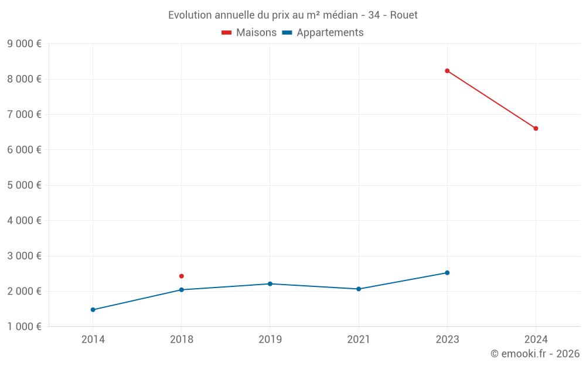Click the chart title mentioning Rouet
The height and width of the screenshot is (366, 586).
[293, 15]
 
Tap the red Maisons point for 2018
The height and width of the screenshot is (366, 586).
[182, 276]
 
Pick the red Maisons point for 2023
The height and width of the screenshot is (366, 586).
[447, 71]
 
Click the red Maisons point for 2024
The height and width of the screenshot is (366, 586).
[536, 128]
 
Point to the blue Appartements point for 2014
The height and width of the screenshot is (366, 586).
[93, 310]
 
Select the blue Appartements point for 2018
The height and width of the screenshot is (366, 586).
[182, 290]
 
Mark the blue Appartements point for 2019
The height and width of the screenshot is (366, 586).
[270, 284]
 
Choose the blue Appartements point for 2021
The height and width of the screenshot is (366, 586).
[359, 289]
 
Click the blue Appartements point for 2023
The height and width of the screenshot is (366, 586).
[447, 273]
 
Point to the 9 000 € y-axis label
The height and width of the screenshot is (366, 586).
[24, 43]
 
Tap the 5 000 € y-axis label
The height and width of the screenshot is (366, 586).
[24, 185]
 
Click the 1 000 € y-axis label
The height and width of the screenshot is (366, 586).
[24, 326]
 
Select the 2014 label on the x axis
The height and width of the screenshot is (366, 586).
[93, 339]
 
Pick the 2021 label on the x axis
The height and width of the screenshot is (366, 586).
[359, 339]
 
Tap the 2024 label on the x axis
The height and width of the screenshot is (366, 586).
[536, 339]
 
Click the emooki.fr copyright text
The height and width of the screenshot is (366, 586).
[535, 354]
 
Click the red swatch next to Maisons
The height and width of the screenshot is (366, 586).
[227, 33]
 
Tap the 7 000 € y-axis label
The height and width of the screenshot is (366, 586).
[24, 114]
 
